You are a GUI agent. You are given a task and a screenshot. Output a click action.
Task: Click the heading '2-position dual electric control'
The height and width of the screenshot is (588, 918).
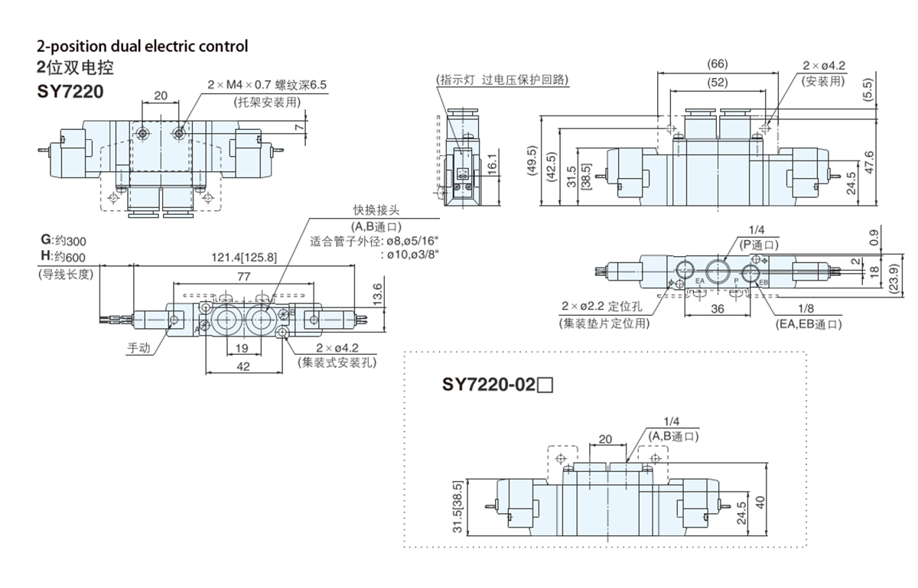click(x=142, y=46)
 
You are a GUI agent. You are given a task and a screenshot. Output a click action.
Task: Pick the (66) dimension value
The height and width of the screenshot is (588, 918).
click(x=718, y=63)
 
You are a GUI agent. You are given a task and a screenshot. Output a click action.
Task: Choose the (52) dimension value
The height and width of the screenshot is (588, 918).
click(x=718, y=82)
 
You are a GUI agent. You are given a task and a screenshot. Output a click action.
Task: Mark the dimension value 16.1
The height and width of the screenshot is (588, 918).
click(x=493, y=164)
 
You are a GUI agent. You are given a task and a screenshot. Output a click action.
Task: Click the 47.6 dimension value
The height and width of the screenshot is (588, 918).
click(x=868, y=164)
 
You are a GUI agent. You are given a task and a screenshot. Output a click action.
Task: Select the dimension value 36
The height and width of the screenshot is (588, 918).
click(x=718, y=308)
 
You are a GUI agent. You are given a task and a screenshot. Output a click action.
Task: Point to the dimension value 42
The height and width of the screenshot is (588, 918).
click(x=243, y=366)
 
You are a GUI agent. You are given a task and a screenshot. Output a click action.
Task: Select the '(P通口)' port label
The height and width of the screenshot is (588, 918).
click(x=758, y=245)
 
